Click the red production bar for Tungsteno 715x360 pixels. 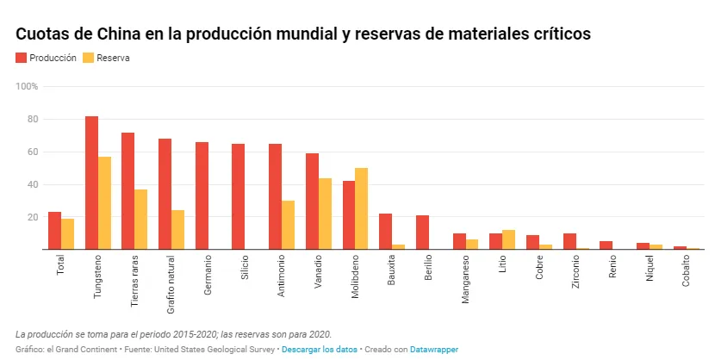[x=91, y=183]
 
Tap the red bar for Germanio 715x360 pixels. [x=202, y=196]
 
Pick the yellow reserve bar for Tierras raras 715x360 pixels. [x=141, y=220]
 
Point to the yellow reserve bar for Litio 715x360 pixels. [x=509, y=240]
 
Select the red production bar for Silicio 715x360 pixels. [x=238, y=196]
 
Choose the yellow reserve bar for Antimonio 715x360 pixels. [x=289, y=225]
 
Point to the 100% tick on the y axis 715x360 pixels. [x=27, y=87]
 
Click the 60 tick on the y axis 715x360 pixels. [x=32, y=152]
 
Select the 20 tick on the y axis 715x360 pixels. [x=32, y=217]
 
